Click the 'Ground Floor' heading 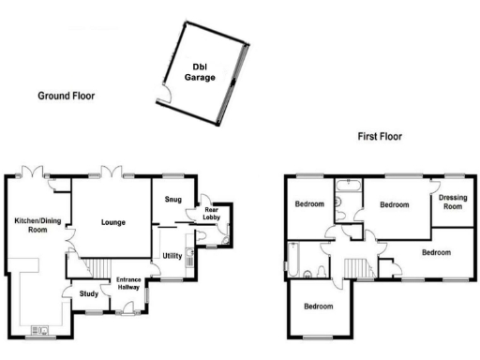[66, 96]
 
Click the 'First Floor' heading [380, 136]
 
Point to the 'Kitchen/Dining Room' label [37, 225]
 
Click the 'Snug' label [173, 200]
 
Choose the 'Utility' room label [172, 255]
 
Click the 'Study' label [89, 294]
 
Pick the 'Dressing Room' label [453, 202]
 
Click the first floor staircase [356, 268]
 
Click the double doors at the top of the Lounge [114, 173]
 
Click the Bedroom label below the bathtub [320, 307]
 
